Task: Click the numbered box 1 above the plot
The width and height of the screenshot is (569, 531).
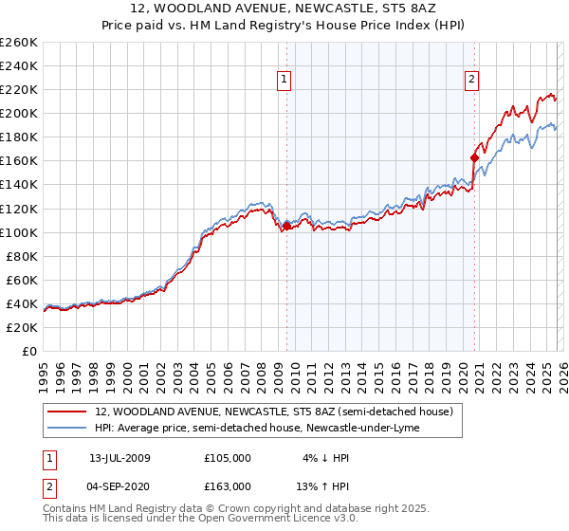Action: point(285,81)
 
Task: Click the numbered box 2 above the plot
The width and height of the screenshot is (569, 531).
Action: point(471,81)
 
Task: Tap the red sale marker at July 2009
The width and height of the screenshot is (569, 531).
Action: point(286,226)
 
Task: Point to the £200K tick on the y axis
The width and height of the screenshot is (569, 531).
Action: point(19,113)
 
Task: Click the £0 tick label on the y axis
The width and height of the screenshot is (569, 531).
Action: point(30,351)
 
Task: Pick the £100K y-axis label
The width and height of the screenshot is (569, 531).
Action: point(19,232)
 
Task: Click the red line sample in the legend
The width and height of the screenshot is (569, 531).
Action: point(66,412)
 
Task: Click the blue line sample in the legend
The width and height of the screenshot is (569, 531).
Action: point(66,428)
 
